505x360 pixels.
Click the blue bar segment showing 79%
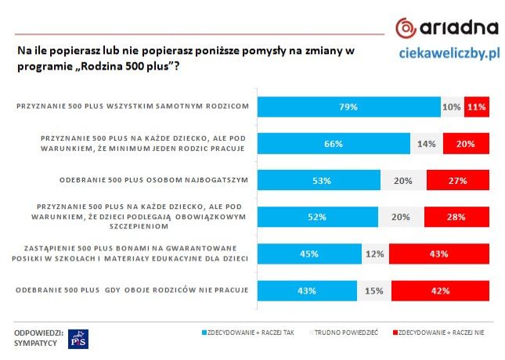349,106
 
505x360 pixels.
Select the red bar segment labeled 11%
476,106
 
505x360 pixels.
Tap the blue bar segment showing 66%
334,143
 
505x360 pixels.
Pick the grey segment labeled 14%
427,143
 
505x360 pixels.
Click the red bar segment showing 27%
457,180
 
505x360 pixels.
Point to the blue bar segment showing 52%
318,217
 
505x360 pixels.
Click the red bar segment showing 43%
438,254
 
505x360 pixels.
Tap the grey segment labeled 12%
375,254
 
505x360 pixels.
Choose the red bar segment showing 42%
440,290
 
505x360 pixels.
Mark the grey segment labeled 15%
373,290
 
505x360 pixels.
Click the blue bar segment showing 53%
319,180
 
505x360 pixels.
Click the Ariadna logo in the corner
446,27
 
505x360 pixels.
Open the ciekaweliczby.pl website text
449,54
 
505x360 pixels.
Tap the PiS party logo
79,339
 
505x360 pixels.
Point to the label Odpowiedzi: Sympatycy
38,339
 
